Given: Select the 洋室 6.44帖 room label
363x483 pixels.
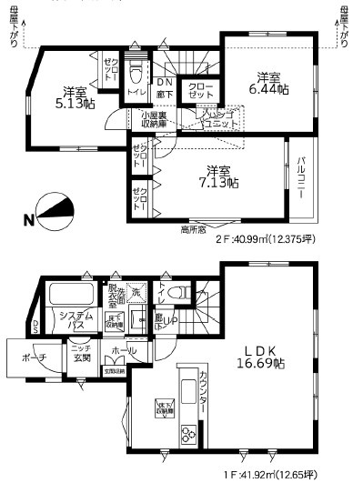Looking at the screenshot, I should point(269,83).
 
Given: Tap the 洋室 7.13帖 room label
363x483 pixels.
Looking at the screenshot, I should point(219,176).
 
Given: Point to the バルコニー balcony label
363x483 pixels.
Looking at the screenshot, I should point(301,176).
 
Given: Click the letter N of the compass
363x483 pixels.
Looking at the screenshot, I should point(28,219).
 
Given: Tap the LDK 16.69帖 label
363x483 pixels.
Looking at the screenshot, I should point(259,356).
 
